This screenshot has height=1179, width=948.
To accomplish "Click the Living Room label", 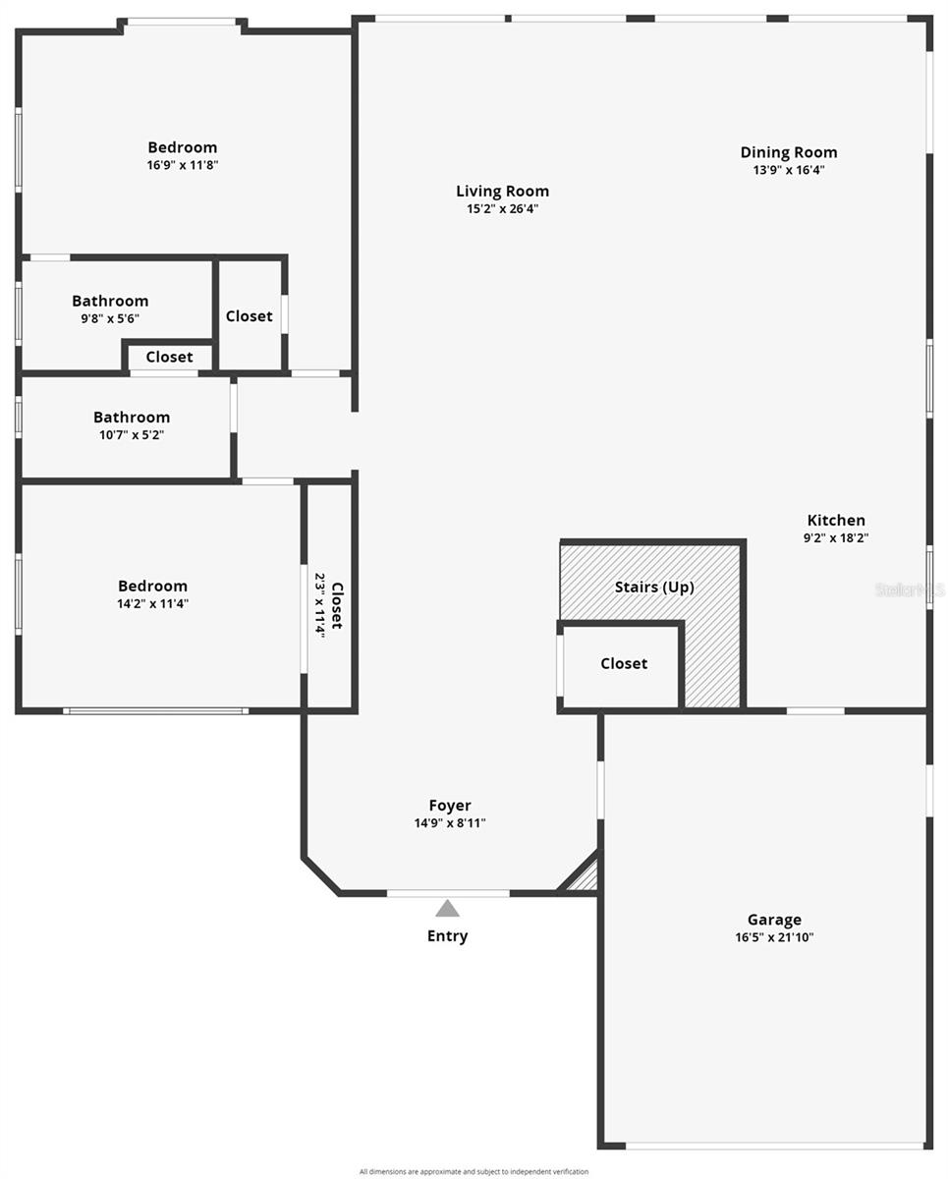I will click(502, 192).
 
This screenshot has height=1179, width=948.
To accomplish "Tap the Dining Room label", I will click(789, 152).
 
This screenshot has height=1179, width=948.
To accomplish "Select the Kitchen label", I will click(836, 521).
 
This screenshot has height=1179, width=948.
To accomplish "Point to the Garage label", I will click(774, 920).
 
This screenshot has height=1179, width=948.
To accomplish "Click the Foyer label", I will click(450, 806).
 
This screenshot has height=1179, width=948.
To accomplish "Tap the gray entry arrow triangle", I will click(447, 909).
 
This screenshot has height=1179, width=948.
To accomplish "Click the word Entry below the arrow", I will click(447, 936).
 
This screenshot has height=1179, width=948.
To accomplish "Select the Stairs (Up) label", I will click(654, 588).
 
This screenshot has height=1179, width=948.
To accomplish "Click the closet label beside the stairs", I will click(624, 664).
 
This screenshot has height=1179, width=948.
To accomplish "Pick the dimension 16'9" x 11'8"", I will click(183, 165).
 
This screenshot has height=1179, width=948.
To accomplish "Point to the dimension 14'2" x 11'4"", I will click(152, 603).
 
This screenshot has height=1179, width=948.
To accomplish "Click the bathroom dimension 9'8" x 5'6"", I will click(110, 318).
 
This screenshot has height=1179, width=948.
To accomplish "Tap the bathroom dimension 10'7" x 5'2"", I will click(132, 434).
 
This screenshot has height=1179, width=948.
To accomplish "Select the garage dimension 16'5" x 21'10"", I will click(774, 937).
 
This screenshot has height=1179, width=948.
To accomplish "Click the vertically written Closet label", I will click(337, 606).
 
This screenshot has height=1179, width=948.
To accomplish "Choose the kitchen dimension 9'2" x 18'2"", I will click(836, 537).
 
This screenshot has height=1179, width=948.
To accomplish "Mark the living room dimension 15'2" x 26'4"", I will click(502, 208).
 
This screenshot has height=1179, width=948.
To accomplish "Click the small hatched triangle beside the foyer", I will click(586, 877).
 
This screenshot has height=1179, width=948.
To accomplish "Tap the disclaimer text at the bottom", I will click(474, 1171).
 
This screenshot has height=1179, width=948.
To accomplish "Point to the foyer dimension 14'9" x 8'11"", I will click(450, 823).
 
